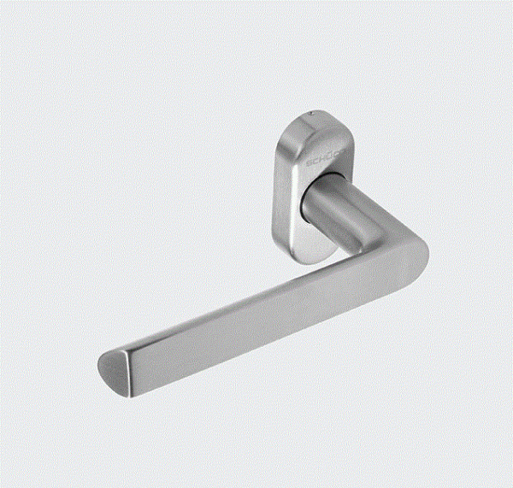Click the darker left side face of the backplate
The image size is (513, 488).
[282, 197]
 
